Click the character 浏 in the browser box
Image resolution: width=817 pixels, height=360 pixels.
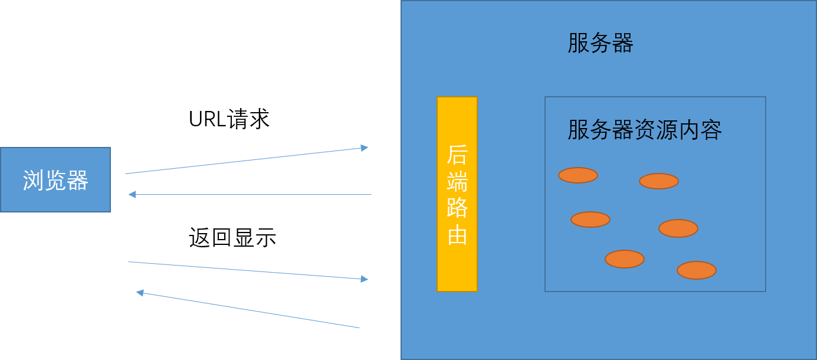(34, 180)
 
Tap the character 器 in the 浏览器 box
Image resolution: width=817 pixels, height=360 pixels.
(77, 180)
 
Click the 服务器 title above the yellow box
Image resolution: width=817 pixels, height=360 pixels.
(600, 43)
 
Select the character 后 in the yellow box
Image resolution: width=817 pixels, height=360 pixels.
(457, 155)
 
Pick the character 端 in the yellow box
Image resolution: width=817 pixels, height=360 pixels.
(457, 181)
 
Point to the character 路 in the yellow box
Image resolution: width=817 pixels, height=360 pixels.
(457, 208)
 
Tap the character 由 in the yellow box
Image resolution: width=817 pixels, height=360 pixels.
(457, 235)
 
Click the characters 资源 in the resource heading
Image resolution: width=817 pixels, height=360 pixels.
(655, 130)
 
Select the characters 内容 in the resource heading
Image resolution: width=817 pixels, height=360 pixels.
(700, 130)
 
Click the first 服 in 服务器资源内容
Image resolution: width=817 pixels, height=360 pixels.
(579, 130)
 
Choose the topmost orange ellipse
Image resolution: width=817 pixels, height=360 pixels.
(578, 175)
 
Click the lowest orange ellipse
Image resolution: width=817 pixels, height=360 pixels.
(697, 270)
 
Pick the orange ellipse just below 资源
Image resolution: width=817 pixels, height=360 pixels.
(659, 181)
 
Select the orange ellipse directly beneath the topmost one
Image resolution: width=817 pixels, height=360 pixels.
(590, 220)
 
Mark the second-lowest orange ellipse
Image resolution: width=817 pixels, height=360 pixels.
(625, 259)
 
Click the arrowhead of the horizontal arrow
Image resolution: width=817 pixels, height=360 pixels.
(132, 194)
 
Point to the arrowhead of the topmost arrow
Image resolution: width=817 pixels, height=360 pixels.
(365, 148)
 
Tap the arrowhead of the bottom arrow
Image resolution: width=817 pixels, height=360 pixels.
(139, 292)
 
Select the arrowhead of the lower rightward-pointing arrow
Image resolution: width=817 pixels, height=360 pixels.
(365, 279)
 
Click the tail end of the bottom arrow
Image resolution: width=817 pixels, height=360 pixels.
(359, 327)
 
